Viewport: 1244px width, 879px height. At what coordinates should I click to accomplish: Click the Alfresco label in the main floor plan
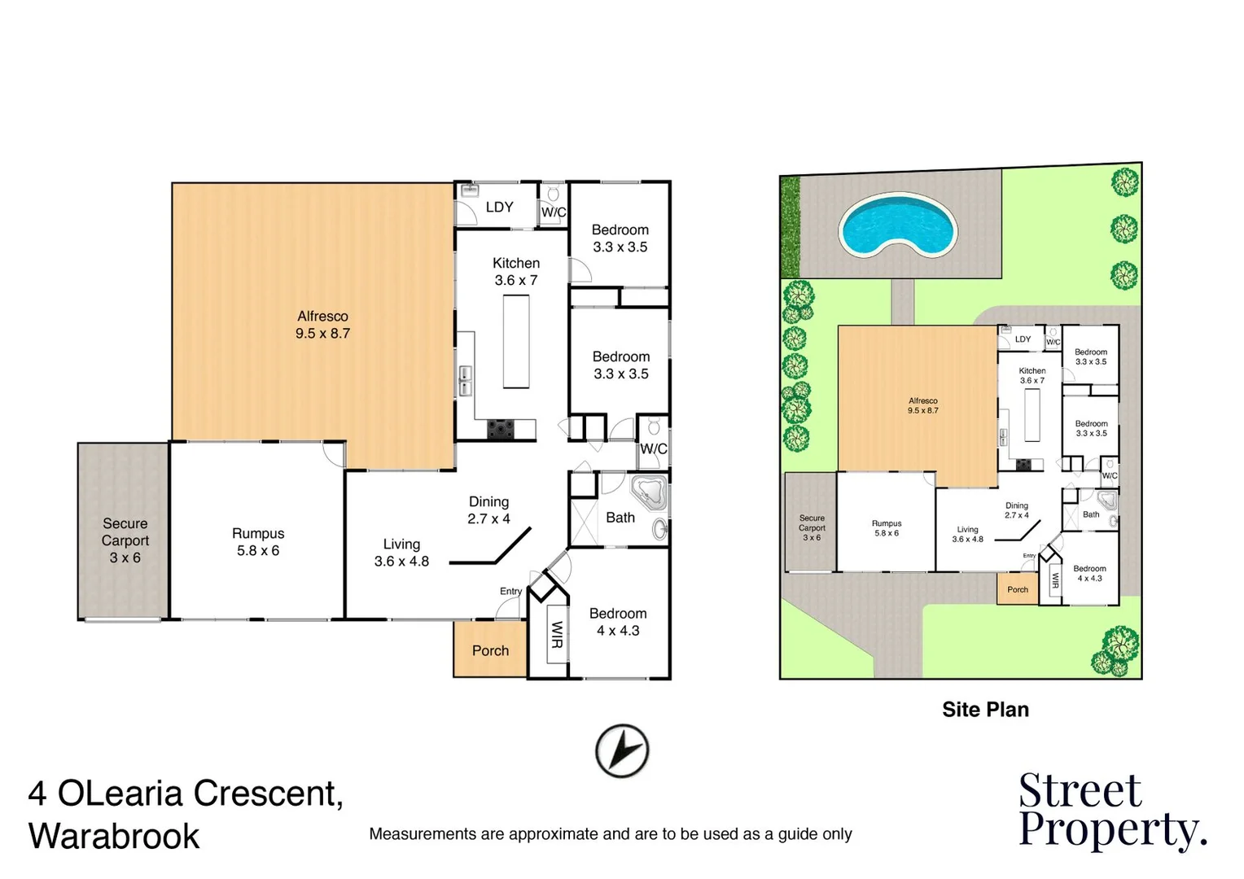coord(322,325)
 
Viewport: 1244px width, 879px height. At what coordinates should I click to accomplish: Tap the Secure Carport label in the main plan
coord(125,540)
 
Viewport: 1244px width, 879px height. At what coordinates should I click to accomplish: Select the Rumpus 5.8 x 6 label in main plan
coord(258,542)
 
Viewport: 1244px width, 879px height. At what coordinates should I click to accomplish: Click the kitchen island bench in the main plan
coord(516,342)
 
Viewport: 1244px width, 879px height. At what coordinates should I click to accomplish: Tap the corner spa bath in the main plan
coord(649,493)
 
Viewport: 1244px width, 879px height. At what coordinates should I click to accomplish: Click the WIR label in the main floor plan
coord(557,634)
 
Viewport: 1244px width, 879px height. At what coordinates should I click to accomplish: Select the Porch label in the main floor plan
coord(490,650)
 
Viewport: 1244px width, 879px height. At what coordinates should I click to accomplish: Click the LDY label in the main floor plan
coord(499,208)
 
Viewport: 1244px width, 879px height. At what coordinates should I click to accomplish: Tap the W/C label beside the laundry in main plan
coord(554,212)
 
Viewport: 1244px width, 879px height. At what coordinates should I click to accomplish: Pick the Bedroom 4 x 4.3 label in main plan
coord(618,622)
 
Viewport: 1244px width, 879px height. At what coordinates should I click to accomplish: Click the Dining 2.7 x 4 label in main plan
coord(488,510)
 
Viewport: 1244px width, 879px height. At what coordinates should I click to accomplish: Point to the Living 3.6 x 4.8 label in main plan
coord(401,553)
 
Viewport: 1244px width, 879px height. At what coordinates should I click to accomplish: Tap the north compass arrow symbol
coord(622,750)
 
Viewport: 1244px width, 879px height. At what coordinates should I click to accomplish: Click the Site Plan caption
coord(985,710)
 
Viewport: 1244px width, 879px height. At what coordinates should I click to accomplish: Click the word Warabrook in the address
coord(114,837)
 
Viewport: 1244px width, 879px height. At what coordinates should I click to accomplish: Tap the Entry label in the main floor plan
coord(510,591)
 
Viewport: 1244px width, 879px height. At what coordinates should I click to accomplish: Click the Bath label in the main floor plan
coord(620,518)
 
